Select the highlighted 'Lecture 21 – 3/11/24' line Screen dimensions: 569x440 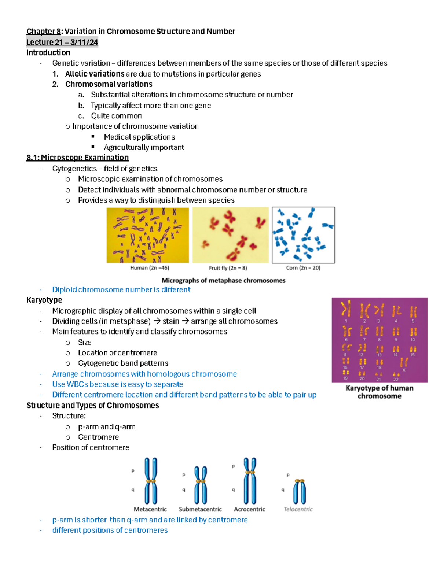point(62,42)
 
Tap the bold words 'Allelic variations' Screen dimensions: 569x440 point(95,74)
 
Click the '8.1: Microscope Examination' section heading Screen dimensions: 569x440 point(77,158)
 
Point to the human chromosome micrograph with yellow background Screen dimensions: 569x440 point(147,235)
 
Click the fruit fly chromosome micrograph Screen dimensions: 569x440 point(230,235)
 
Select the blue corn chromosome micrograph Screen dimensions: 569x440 point(303,235)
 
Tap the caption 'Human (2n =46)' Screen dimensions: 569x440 point(150,268)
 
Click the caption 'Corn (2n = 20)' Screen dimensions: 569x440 point(303,268)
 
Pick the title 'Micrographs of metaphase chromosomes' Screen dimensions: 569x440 point(223,281)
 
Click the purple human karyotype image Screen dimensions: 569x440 point(379,340)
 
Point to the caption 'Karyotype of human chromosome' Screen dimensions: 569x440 point(379,392)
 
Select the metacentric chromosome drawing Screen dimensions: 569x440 point(151,481)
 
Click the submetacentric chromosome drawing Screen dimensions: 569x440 point(201,485)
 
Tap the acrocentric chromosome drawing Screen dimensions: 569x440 point(250,481)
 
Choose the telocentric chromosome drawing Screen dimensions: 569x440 point(300,491)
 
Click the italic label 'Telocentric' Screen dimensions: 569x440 point(298,509)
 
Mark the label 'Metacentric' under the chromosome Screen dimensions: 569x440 point(150,509)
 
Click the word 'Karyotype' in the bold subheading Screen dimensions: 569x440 point(44,300)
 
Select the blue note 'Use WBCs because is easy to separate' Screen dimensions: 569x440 point(117,384)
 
